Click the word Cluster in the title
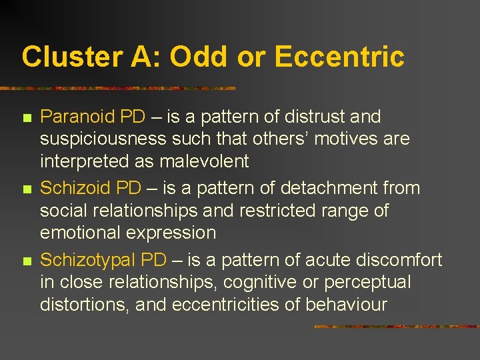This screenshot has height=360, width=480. tap(65, 57)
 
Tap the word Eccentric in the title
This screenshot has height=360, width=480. tap(339, 57)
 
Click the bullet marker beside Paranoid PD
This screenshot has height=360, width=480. tap(27, 119)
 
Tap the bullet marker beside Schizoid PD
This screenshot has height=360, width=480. tap(27, 190)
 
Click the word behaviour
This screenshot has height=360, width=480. tap(347, 305)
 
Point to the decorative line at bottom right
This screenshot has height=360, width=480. tap(396, 327)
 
